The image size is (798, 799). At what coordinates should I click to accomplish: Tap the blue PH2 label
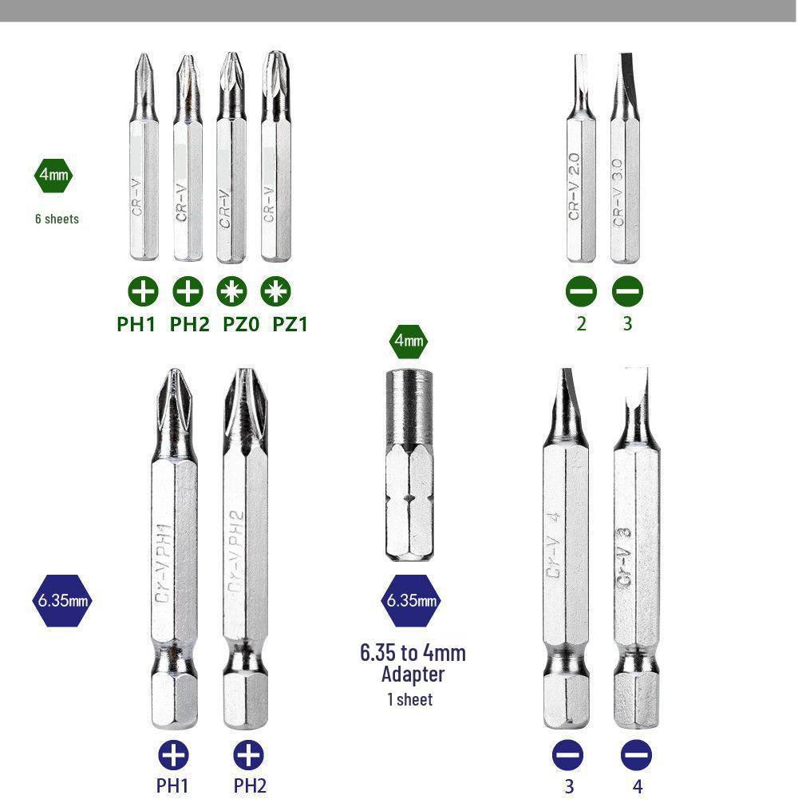click(x=250, y=785)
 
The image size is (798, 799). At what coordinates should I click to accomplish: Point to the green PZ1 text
click(x=290, y=325)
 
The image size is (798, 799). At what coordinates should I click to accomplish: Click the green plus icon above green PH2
click(x=188, y=291)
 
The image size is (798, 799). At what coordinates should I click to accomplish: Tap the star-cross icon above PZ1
click(x=276, y=291)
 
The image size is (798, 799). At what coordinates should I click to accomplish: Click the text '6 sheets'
click(x=57, y=219)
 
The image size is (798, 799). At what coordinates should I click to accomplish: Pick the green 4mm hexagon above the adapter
click(x=409, y=342)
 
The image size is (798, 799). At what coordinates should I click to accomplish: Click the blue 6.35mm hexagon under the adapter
click(x=410, y=600)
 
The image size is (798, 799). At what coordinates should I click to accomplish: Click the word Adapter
click(x=412, y=674)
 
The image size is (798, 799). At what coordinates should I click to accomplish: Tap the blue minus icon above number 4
click(x=636, y=755)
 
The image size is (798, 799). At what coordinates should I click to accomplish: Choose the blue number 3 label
click(x=568, y=786)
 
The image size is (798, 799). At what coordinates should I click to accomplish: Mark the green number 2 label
click(x=581, y=324)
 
